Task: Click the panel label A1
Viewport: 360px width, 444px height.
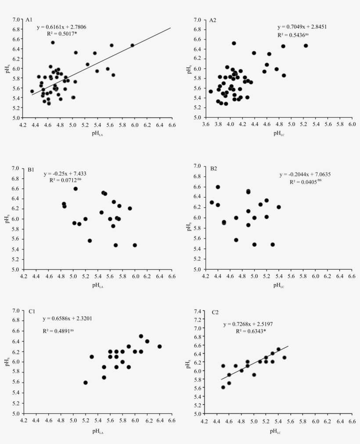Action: pos(29,20)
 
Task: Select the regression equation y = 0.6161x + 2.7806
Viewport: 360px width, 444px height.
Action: pos(61,27)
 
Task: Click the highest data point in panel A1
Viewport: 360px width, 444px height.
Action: pos(53,43)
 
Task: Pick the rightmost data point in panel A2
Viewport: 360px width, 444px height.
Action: pos(306,46)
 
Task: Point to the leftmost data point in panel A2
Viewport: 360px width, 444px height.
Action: pos(211,91)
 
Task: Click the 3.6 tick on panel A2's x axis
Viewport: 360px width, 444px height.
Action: pos(205,124)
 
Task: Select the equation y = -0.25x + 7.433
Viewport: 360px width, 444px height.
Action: pos(66,174)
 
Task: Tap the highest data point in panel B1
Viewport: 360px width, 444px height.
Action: pos(76,189)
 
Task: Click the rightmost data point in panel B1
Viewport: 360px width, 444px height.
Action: pos(135,245)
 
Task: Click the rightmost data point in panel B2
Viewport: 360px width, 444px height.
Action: pos(279,207)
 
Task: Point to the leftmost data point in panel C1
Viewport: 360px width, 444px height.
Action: pos(86,383)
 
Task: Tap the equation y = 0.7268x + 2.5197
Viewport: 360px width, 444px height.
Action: pos(248,324)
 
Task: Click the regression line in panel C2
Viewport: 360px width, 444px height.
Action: pos(255,363)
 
